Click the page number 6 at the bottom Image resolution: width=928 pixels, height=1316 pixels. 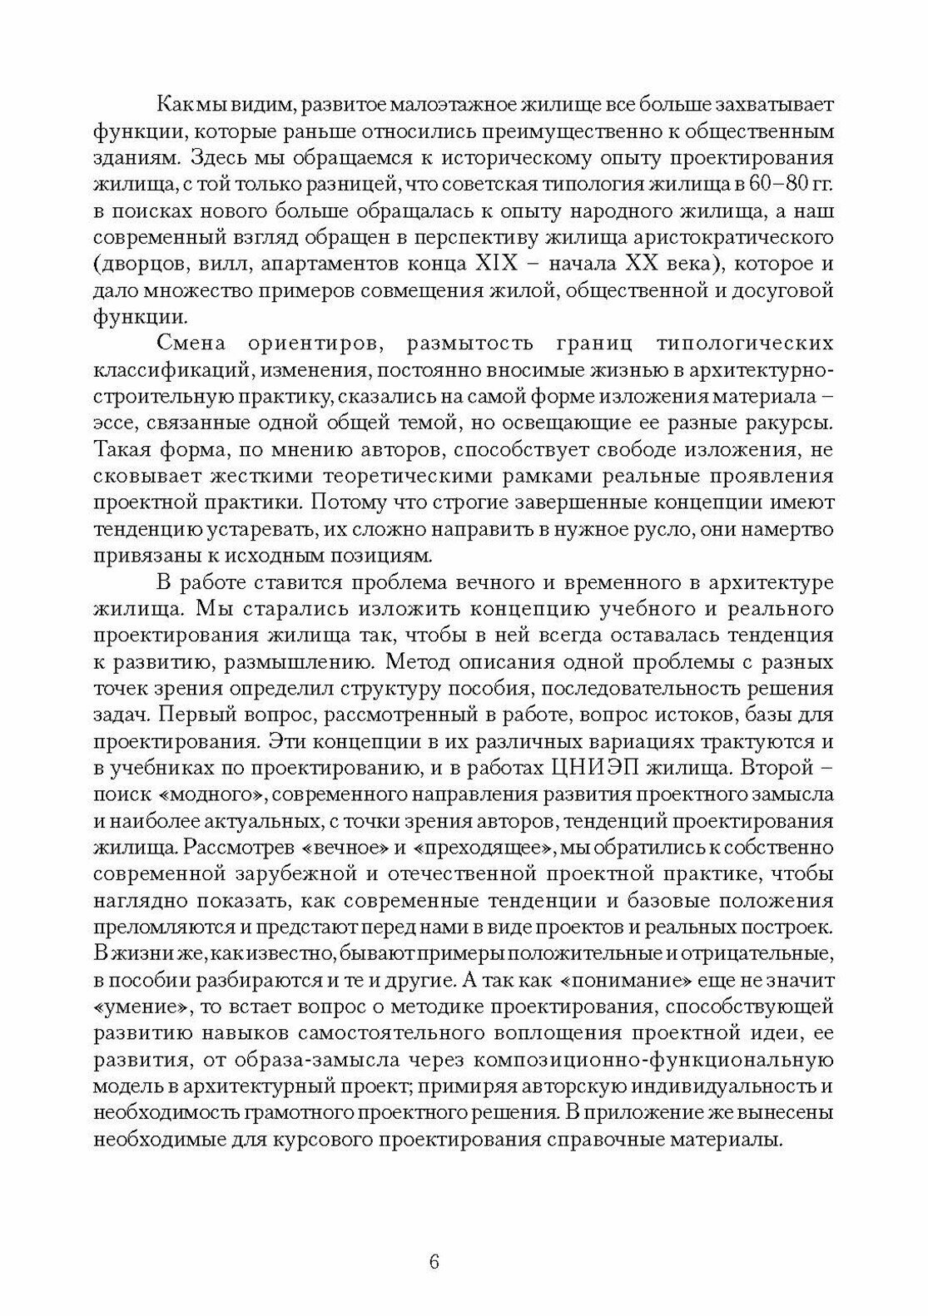coord(434,1261)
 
